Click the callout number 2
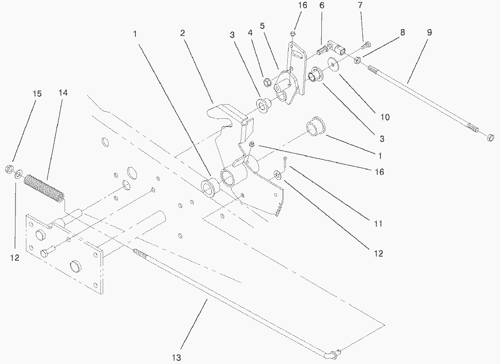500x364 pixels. pyautogui.click(x=182, y=33)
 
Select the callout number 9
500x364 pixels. pyautogui.click(x=429, y=33)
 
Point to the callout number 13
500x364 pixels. pyautogui.click(x=177, y=358)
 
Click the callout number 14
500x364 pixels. pyautogui.click(x=63, y=93)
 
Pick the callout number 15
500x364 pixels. pyautogui.click(x=37, y=93)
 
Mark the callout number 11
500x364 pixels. pyautogui.click(x=378, y=224)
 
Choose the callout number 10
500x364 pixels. pyautogui.click(x=385, y=117)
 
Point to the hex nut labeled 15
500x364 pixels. pyautogui.click(x=8, y=170)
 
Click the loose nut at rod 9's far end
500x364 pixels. pyautogui.click(x=490, y=137)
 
